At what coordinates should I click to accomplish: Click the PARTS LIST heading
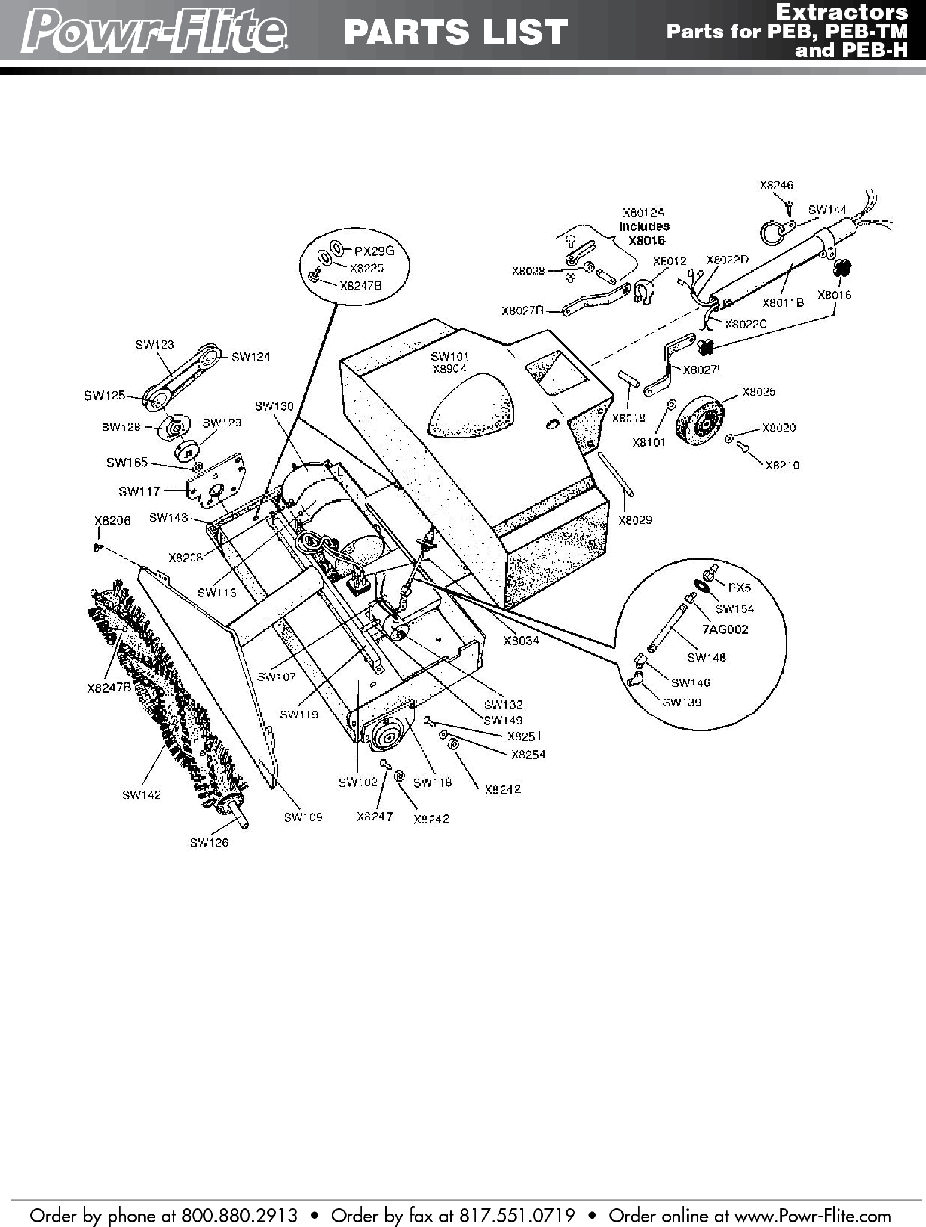[456, 32]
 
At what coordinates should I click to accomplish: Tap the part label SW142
[142, 795]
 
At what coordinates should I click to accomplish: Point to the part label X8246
[776, 185]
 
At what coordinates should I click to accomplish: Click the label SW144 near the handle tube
[827, 210]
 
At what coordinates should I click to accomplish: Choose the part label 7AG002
[725, 629]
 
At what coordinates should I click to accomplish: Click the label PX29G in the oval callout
[375, 251]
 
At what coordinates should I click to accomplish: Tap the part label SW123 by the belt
[155, 344]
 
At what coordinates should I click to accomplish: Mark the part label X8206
[112, 521]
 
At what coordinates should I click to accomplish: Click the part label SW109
[303, 817]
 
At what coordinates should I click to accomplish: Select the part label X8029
[635, 520]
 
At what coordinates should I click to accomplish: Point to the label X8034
[522, 641]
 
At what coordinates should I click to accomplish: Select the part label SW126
[209, 842]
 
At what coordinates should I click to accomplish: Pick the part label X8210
[782, 465]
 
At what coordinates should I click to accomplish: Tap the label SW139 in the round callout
[682, 702]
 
